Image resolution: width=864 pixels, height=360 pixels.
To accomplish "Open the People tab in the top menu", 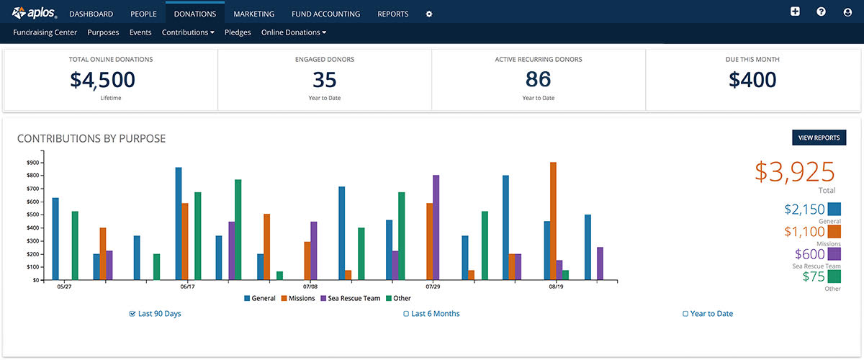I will (143, 14).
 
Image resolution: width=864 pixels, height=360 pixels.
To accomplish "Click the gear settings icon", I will (429, 14).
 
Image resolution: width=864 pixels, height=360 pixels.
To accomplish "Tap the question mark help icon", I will (821, 12).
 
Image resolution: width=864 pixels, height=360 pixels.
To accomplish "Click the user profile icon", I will (847, 12).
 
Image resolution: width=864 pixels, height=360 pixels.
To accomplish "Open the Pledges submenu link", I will (238, 32).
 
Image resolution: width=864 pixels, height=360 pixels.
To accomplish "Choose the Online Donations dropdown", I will (294, 32).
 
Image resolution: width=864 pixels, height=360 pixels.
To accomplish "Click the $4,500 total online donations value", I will (103, 80).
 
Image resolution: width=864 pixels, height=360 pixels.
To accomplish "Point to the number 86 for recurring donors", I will (539, 79).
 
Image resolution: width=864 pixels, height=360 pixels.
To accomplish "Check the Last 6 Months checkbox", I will (406, 314).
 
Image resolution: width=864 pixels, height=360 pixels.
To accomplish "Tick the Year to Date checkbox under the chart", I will (685, 314).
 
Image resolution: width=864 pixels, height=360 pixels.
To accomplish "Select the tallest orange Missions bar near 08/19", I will (553, 220).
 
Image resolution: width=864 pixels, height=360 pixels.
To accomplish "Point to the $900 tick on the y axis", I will (32, 163).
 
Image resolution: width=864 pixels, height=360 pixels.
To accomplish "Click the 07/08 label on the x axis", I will (310, 287).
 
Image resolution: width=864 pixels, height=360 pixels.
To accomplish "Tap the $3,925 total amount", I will (794, 172).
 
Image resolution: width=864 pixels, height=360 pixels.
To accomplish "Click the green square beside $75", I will (834, 276).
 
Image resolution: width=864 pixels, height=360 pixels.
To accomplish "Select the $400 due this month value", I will (752, 80).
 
